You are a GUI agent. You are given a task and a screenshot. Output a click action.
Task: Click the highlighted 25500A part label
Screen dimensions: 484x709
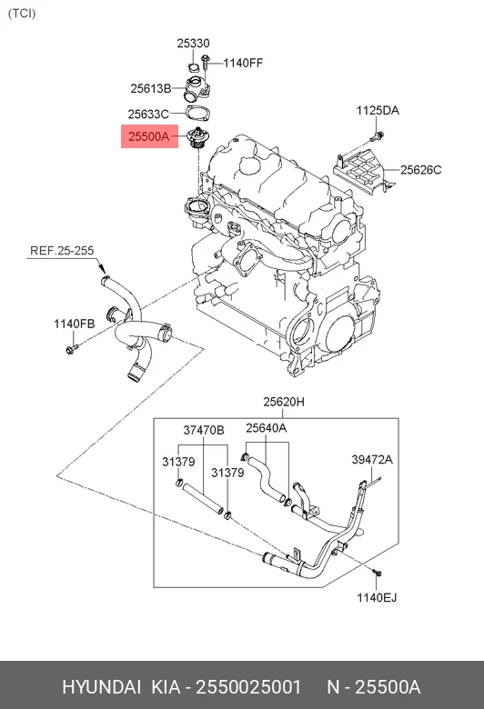[148, 136]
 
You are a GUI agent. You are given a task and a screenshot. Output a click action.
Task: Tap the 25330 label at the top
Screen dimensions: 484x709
[193, 44]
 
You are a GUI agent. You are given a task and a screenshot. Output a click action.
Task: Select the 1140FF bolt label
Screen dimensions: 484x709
[243, 63]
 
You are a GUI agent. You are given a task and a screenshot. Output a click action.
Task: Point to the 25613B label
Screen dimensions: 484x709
[151, 89]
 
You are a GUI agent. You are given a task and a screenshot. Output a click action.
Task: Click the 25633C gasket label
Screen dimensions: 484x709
[148, 115]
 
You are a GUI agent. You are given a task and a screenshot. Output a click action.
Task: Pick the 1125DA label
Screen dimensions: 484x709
[378, 110]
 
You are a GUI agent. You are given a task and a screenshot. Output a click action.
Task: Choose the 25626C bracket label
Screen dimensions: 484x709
[420, 170]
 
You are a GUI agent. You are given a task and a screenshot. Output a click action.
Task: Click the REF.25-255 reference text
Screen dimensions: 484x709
[62, 251]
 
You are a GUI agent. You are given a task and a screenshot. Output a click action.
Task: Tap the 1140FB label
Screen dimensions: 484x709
[75, 324]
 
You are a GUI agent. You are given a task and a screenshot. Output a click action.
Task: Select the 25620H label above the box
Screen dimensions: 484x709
[284, 402]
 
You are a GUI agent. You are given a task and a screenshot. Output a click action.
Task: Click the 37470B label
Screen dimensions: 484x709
[204, 430]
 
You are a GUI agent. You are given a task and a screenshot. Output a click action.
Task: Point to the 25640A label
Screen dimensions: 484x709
[267, 428]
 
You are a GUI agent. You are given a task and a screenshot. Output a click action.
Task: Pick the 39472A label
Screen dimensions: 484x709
[372, 460]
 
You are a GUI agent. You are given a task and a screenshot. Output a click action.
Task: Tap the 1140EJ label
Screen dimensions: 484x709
[377, 598]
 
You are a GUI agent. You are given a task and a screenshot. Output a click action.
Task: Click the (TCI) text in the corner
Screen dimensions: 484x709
[21, 14]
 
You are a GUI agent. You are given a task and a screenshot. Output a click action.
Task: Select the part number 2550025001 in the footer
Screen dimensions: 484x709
[247, 687]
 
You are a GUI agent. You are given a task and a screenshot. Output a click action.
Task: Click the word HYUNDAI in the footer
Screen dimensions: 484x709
[101, 687]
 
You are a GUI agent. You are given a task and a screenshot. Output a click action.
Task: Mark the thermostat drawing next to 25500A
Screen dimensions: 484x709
[197, 138]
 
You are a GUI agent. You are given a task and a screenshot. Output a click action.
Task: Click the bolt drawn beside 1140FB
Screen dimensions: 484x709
[72, 349]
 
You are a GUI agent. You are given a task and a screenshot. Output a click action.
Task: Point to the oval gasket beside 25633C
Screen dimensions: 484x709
[197, 113]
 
